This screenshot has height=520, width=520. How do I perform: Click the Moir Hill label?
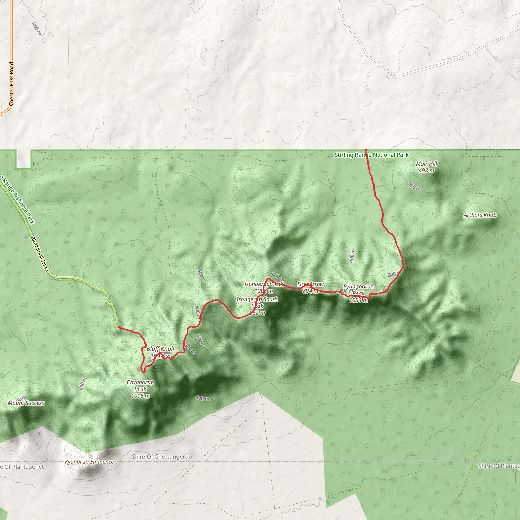426,164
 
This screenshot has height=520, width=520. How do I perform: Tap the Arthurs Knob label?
480,215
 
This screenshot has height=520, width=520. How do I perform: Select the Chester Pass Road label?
11,84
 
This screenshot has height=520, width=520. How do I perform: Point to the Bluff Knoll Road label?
40,254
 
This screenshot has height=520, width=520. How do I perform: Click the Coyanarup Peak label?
140,385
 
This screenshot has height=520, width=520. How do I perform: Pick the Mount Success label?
26,403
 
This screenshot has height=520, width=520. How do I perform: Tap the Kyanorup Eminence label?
89,462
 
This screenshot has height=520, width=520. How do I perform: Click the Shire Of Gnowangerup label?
162,457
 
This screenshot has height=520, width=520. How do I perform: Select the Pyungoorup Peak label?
359,290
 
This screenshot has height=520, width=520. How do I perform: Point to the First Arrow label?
310,284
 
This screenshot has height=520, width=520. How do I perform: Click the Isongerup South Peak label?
257,302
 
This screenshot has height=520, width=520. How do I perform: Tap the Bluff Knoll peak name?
160,349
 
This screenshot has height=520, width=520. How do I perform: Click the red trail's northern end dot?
366,150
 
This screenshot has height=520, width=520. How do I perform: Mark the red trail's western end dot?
119,327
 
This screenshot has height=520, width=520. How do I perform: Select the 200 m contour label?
37,28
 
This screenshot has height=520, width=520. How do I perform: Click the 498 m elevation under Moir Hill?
426,170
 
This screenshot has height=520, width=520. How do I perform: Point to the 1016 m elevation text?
140,396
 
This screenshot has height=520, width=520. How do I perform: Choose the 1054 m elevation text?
359,300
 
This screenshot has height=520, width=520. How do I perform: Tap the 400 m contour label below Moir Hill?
414,187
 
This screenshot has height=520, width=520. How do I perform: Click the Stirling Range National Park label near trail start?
371,155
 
